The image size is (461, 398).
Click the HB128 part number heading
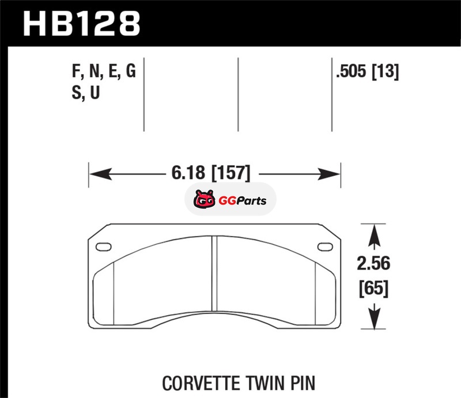pyautogui.click(x=81, y=24)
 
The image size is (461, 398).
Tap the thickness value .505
pyautogui.click(x=351, y=71)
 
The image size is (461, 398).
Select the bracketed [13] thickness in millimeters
pyautogui.click(x=386, y=72)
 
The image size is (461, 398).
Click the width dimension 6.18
pyautogui.click(x=188, y=173)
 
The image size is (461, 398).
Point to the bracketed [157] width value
pyautogui.click(x=232, y=173)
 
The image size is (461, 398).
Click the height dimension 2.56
pyautogui.click(x=373, y=263)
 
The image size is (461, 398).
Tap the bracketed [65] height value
pyautogui.click(x=373, y=289)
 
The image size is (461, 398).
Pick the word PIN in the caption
pyautogui.click(x=303, y=383)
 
